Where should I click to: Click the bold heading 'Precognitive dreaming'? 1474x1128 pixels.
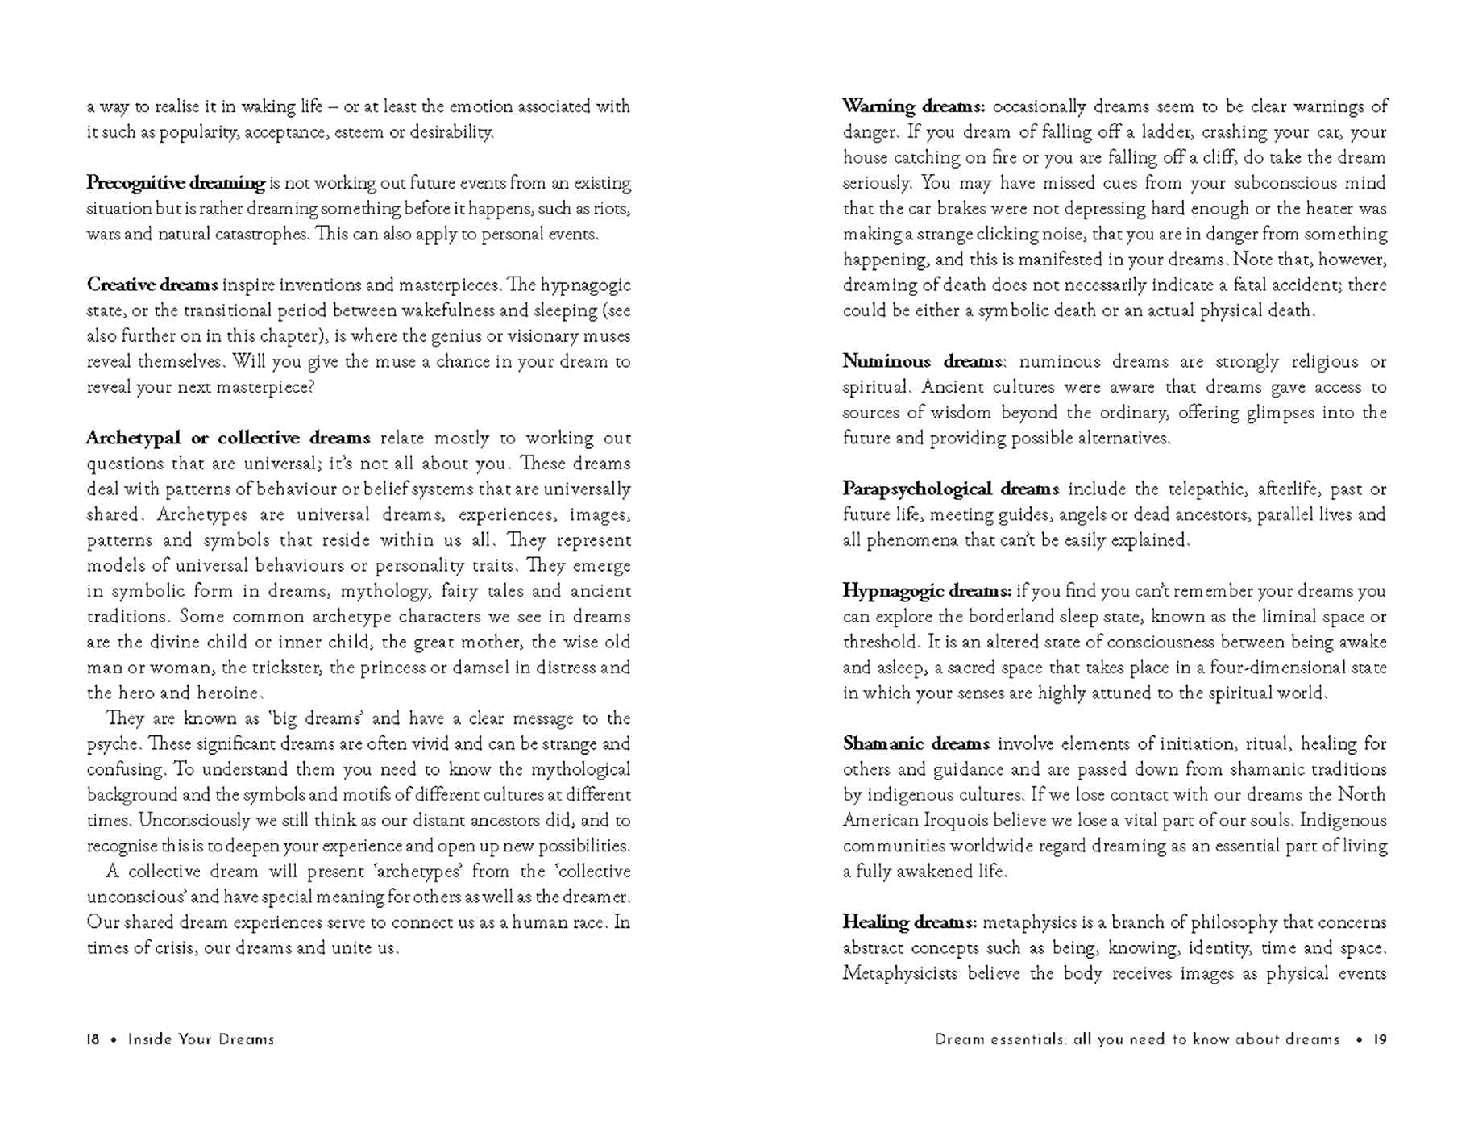click(176, 183)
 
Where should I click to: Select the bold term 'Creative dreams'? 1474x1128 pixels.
click(152, 285)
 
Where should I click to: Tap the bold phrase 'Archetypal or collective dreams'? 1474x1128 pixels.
click(228, 438)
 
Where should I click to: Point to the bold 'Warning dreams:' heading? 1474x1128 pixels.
click(913, 106)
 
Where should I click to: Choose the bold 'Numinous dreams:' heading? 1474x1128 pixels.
click(924, 361)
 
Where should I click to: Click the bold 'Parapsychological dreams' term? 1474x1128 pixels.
click(950, 489)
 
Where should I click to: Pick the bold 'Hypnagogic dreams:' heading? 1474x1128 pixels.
click(926, 591)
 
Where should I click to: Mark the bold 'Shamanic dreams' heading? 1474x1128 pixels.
click(916, 743)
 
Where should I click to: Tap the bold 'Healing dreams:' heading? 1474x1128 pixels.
click(909, 922)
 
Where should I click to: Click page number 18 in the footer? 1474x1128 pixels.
click(93, 1039)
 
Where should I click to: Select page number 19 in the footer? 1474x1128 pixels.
click(1380, 1039)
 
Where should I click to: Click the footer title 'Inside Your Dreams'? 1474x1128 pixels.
click(201, 1039)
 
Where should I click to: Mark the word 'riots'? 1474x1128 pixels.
click(612, 209)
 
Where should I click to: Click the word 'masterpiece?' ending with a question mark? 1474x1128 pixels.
click(264, 387)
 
